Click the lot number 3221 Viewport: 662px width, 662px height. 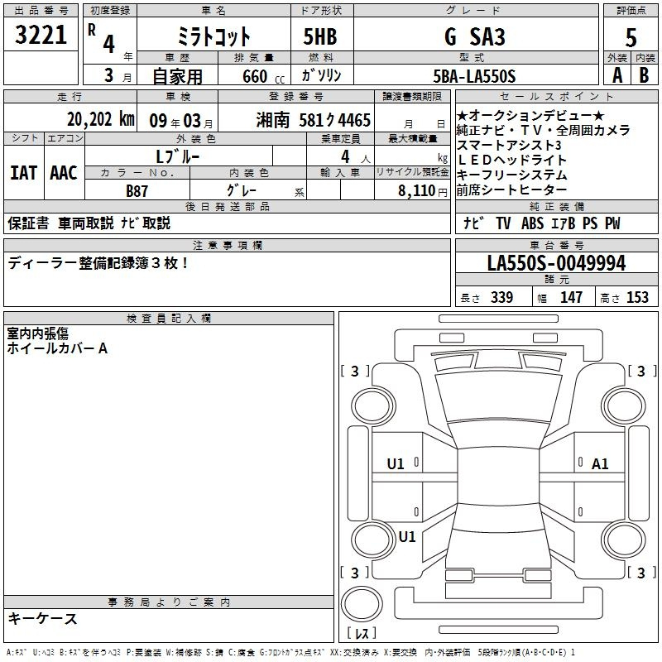coord(41,35)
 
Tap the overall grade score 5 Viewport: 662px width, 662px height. coord(631,38)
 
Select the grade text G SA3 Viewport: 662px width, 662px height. coord(475,36)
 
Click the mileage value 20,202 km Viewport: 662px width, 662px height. coord(100,119)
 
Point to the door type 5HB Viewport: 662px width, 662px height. coord(320,36)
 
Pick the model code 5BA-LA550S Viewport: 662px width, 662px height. coord(474,76)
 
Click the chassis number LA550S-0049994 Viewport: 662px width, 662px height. coord(556,263)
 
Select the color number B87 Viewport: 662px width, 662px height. coord(137,191)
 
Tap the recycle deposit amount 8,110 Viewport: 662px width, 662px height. coord(417,191)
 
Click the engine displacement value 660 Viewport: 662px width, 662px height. coord(255,76)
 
